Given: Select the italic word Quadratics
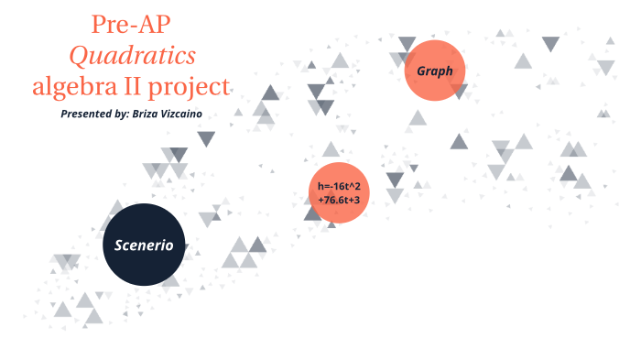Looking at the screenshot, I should [133, 57].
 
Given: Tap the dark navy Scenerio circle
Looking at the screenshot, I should [145, 244].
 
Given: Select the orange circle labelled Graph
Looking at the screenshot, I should [435, 71].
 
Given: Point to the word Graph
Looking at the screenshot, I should [435, 71].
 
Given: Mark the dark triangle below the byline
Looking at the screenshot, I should [206, 138].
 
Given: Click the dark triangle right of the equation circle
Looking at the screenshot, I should [395, 179].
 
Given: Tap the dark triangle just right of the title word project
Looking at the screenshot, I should [270, 92].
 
